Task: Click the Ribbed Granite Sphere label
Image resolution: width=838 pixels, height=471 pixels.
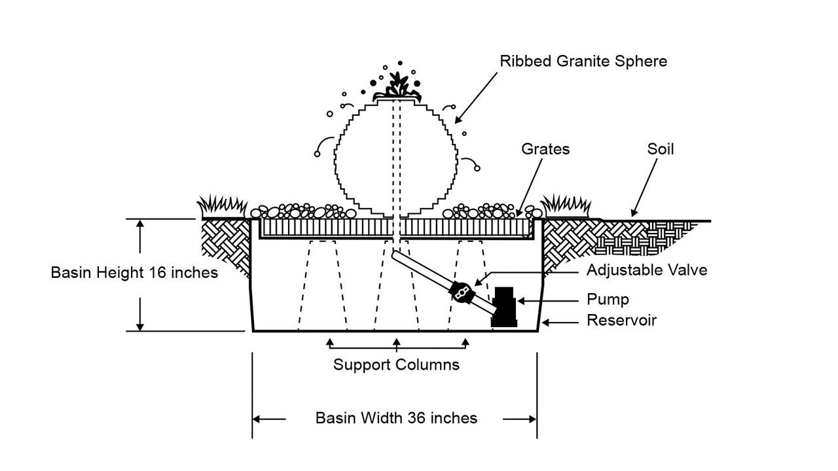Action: pos(583,61)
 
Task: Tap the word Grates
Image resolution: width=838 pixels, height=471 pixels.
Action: pos(545,149)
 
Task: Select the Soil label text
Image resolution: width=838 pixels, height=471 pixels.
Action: pos(661,149)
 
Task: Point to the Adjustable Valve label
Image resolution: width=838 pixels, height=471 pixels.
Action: pos(647,270)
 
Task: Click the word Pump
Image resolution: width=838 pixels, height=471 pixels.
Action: pos(608,300)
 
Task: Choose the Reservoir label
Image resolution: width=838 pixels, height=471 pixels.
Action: pos(621,321)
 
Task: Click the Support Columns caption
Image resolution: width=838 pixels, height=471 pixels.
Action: pos(396,364)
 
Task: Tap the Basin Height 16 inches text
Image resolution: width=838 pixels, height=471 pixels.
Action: pos(134,272)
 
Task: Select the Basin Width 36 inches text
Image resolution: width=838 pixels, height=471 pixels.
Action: pos(396,418)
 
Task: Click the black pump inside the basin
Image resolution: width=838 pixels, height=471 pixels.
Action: pos(505,306)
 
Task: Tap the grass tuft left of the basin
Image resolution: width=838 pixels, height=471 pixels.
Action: pos(223,205)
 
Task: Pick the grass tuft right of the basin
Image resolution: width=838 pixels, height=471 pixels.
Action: pos(567,205)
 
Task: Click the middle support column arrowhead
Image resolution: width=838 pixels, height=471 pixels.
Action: pos(396,342)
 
